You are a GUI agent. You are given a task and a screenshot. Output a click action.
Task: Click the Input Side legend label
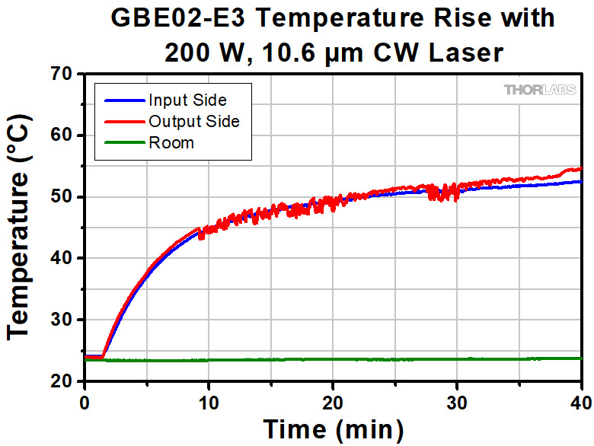[x=187, y=100]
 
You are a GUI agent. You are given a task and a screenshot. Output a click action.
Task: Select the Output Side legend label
[x=193, y=121]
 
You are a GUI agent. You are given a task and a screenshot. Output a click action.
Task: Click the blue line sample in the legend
[x=120, y=100]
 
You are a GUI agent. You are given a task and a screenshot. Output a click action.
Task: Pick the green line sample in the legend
[x=120, y=142]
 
